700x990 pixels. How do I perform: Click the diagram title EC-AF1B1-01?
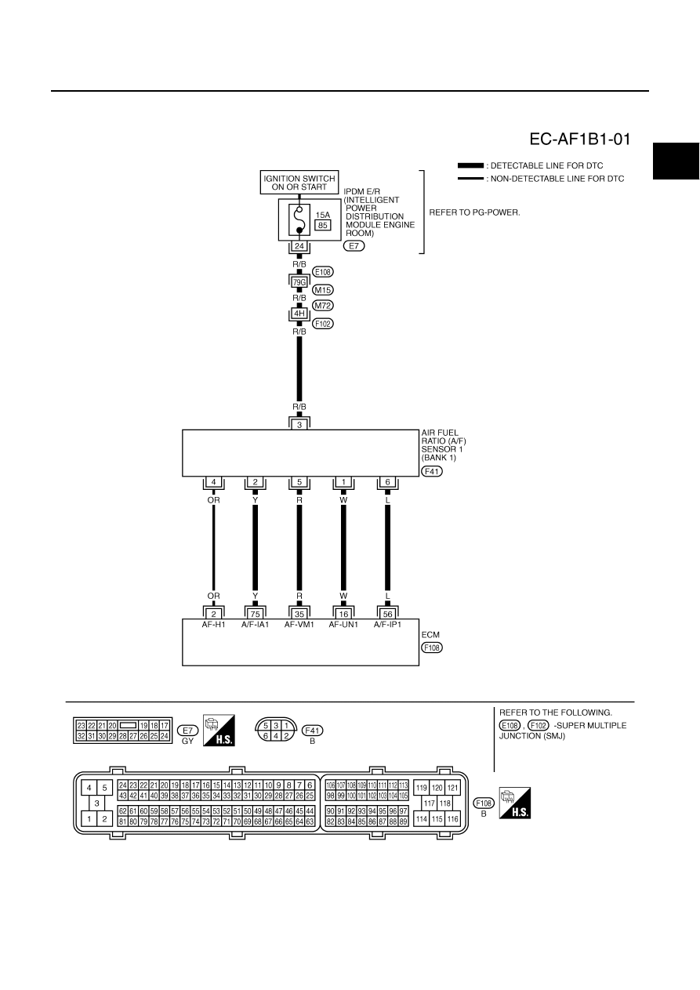coord(580,140)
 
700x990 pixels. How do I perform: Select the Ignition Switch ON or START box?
coord(299,183)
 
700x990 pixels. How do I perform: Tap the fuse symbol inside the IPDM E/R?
coord(299,219)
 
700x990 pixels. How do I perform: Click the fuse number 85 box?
coord(323,225)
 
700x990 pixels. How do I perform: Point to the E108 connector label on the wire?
coord(323,272)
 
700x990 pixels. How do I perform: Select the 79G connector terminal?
coord(299,282)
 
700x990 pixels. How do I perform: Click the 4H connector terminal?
coord(299,314)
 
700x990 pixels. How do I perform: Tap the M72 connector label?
coord(323,306)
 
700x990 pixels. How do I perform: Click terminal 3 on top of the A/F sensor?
coord(299,424)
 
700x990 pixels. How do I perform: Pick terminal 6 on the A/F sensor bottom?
coord(387,482)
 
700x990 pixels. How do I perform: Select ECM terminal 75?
coord(255,614)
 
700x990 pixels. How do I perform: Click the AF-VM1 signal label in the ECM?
coord(299,625)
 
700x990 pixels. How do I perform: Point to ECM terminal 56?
coord(387,614)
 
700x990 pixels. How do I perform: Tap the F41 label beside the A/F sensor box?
coord(432,471)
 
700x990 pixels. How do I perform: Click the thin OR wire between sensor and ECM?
coord(213,548)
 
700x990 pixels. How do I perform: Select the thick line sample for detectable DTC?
coord(470,165)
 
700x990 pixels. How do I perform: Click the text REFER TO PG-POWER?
coord(474,212)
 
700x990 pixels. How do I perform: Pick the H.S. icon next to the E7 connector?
coord(219,731)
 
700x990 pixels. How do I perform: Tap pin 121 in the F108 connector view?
coord(452,788)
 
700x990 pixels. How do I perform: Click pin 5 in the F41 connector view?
coord(265,725)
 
